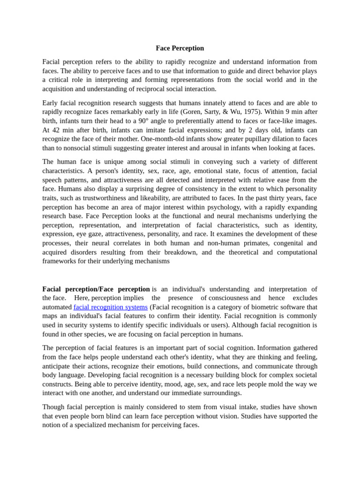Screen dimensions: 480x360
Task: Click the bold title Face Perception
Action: click(180, 48)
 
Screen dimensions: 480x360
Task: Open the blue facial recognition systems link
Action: click(111, 307)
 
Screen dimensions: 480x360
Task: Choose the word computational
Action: click(293, 252)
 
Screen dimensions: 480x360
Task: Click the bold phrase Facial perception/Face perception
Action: click(96, 289)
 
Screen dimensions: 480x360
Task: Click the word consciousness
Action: click(228, 298)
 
